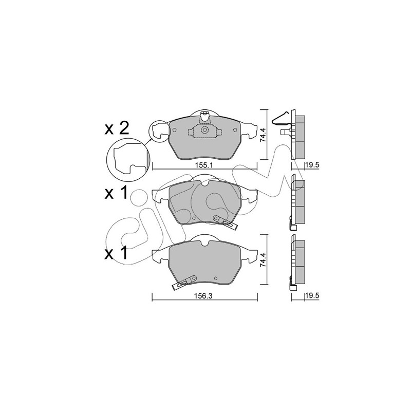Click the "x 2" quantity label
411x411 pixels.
coord(117,129)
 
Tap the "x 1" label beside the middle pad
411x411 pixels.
coord(116,193)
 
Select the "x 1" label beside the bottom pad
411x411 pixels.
coord(116,253)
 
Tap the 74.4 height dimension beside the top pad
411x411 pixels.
coord(263,134)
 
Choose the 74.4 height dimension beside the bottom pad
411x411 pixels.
coord(263,259)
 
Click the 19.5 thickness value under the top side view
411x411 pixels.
coord(312,165)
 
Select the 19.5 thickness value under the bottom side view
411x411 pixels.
coord(312,296)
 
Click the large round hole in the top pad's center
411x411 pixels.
coord(204,130)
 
